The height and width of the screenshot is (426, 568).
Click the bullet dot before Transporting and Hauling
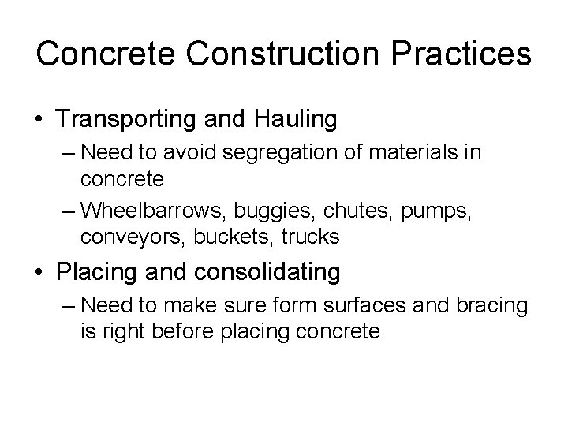pos(40,120)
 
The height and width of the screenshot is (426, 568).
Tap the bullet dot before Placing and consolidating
pos(40,273)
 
